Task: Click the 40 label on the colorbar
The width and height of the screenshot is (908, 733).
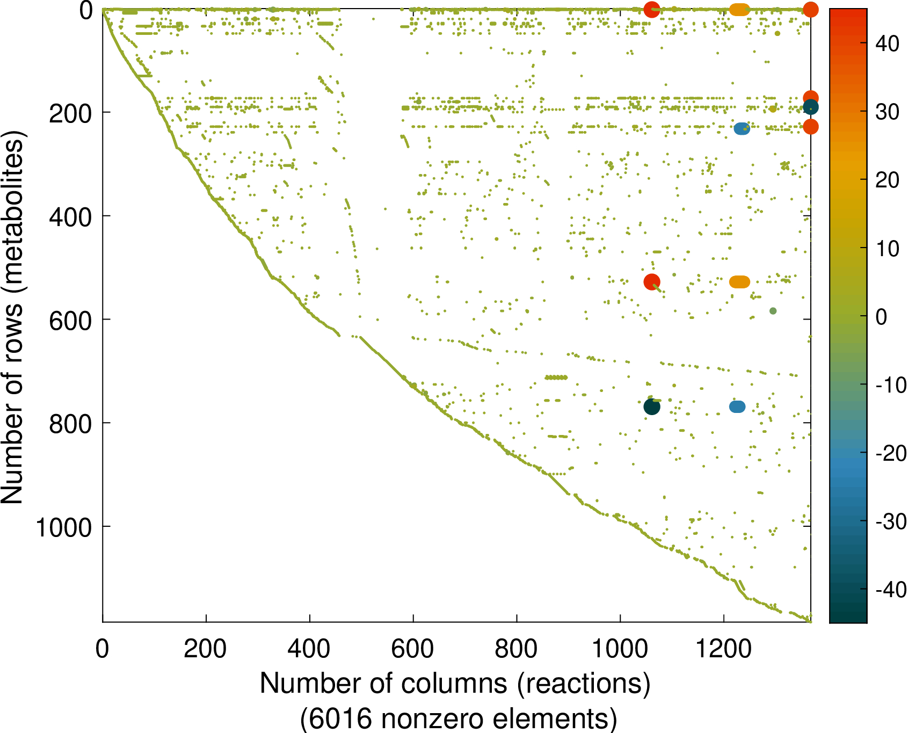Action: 887,43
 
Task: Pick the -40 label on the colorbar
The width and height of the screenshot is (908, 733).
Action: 891,590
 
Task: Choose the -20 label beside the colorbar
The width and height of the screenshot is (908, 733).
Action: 891,454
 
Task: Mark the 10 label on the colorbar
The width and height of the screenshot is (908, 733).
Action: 887,249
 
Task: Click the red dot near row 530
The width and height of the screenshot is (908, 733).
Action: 652,281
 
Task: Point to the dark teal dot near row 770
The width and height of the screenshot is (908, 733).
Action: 652,407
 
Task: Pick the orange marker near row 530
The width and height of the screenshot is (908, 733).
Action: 739,282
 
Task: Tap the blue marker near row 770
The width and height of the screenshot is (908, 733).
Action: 737,407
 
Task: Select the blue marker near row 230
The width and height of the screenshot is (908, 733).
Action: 742,128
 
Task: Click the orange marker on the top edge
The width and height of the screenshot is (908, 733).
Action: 739,9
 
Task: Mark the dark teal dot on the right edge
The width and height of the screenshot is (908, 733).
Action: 810,107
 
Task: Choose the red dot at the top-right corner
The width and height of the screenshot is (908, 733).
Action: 810,9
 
